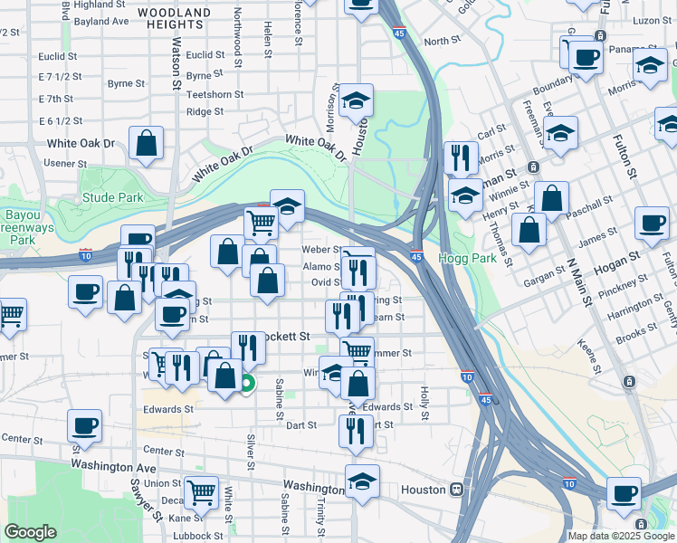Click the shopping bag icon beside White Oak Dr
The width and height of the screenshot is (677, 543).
coord(146,143)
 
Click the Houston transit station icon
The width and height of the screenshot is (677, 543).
coord(457,490)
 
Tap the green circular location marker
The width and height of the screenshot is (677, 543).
coord(248,385)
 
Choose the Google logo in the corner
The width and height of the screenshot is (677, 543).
coord(31,532)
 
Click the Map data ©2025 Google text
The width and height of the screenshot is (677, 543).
coord(621,536)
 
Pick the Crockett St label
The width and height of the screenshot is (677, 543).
coord(285,336)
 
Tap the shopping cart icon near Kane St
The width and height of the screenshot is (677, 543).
coord(201,492)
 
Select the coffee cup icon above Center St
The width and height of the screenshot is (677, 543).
coord(85,424)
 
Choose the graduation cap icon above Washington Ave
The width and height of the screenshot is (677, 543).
coord(362,481)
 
